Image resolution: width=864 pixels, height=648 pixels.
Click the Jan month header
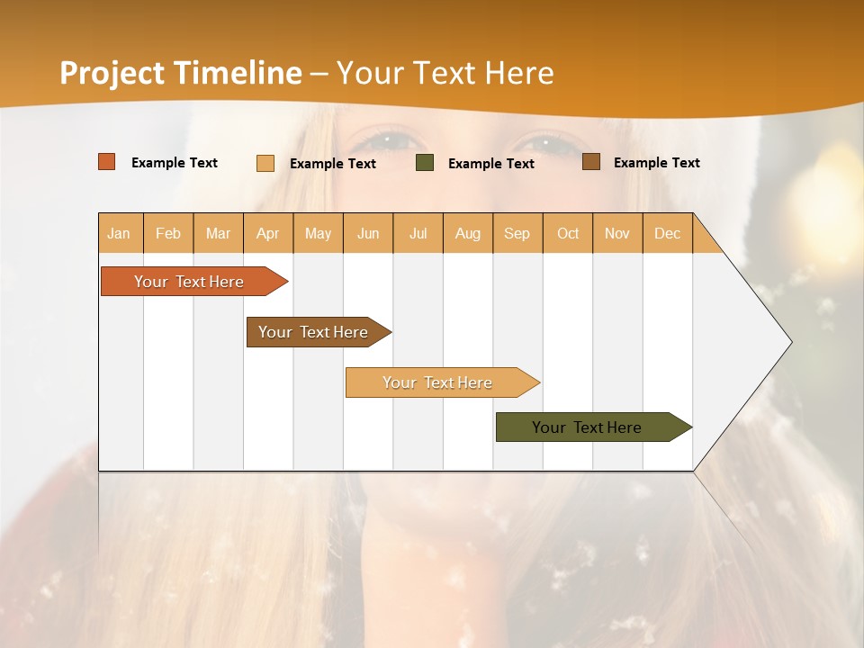tap(120, 233)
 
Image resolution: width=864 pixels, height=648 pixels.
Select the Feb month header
tap(168, 233)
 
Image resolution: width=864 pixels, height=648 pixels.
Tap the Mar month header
tap(218, 233)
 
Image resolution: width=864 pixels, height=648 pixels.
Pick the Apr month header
tap(268, 233)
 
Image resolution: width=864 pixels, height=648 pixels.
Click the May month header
tap(318, 233)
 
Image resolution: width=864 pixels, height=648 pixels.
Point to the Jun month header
tap(368, 233)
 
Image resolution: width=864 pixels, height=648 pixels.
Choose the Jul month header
tap(418, 233)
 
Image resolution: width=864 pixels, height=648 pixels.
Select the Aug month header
tap(468, 233)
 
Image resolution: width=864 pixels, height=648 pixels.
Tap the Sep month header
tap(517, 233)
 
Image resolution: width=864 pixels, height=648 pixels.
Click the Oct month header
tap(568, 233)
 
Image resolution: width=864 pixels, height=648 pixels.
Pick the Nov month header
tap(617, 233)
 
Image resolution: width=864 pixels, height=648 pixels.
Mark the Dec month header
tap(668, 233)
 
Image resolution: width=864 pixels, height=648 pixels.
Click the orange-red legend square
tap(107, 162)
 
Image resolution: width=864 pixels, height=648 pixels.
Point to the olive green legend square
tap(425, 163)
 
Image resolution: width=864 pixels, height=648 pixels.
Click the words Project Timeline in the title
tap(181, 73)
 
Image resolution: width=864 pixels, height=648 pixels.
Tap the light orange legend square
tap(265, 163)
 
